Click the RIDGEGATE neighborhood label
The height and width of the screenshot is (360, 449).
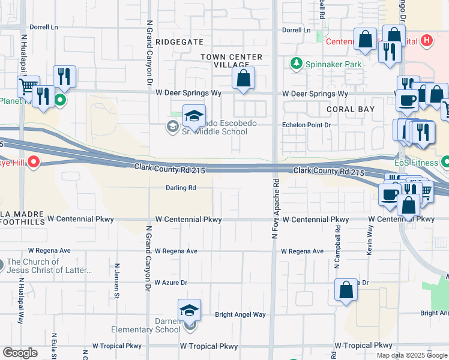coord(179,42)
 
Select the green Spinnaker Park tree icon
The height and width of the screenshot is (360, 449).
coord(295,63)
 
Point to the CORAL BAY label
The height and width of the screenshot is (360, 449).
coord(351,109)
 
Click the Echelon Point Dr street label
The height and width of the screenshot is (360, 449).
coord(307,125)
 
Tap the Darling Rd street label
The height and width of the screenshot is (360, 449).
coord(181,188)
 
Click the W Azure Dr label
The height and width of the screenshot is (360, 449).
coord(170,282)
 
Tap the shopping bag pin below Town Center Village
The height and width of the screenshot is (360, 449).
coord(243,79)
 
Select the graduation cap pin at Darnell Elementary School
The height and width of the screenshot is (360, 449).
coord(189,311)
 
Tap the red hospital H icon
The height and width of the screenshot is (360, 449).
coord(426,41)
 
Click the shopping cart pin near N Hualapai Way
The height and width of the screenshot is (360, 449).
coord(28,87)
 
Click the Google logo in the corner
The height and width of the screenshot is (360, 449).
coord(20,353)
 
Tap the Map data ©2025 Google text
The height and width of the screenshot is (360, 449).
coord(411,355)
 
